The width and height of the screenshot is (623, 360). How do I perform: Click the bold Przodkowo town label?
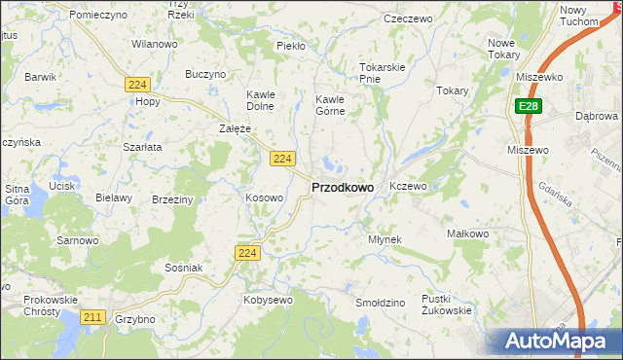coord(342,188)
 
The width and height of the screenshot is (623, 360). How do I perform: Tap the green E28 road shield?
coord(528,106)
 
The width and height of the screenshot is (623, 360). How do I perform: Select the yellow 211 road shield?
coord(93,317)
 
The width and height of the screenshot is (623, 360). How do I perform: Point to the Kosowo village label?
coord(264,198)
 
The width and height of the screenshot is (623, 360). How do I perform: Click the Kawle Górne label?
coord(331,104)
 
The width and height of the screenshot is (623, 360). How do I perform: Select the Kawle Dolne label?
coord(260,100)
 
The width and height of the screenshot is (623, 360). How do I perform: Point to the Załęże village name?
coord(236,128)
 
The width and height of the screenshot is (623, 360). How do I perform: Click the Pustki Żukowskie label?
coord(446,305)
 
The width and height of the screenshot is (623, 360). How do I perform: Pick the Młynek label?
coord(385,238)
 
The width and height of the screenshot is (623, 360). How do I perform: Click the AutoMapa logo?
coord(558,341)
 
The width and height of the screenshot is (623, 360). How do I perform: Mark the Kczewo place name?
coord(408,185)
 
